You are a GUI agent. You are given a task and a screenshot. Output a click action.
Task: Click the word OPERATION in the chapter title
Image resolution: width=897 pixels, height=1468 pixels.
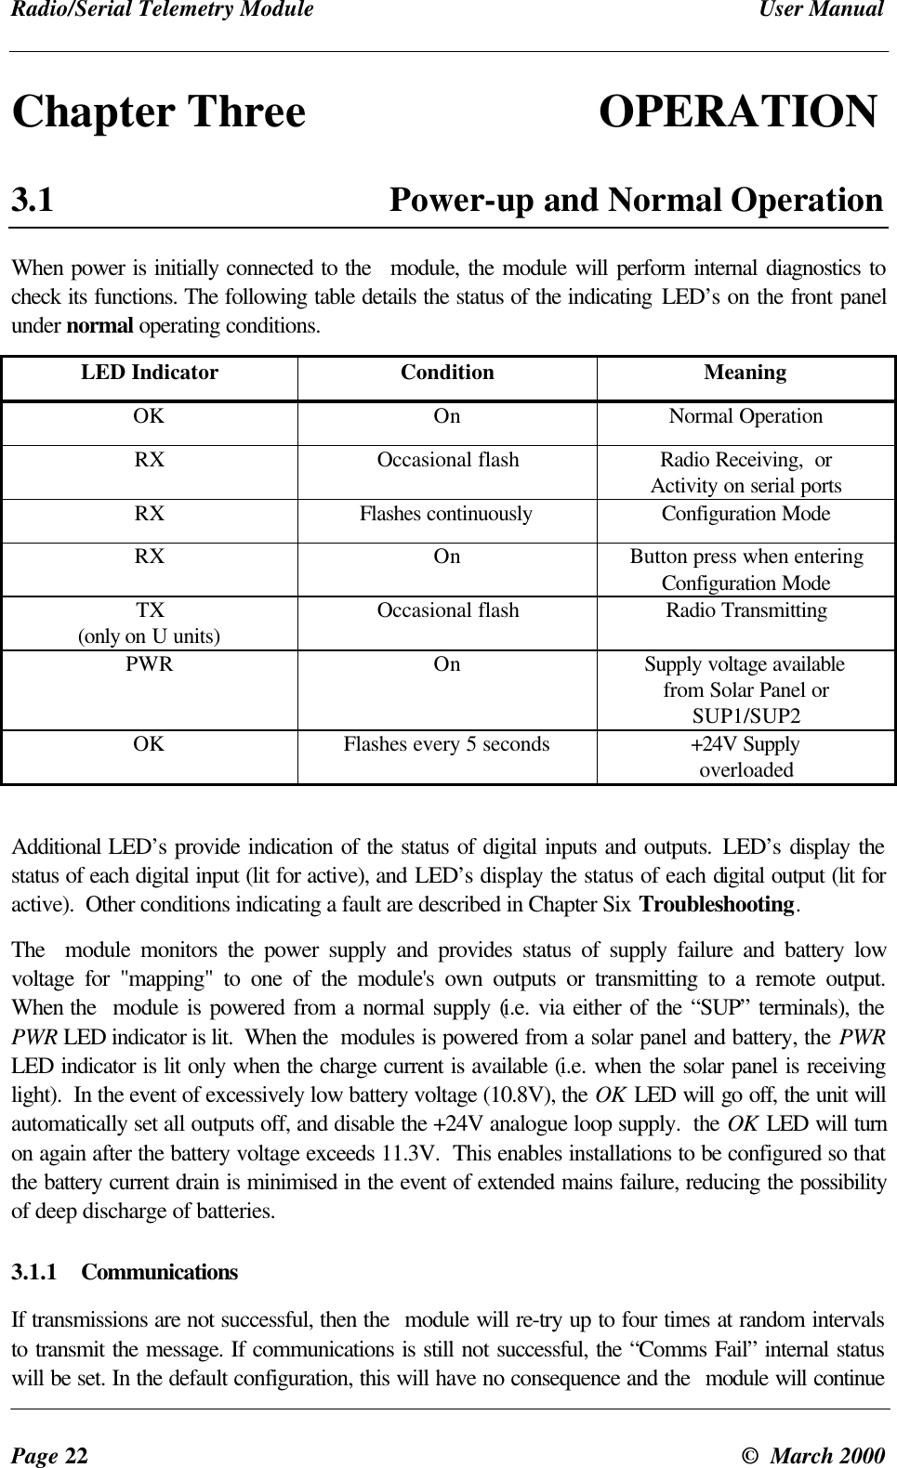pos(737,112)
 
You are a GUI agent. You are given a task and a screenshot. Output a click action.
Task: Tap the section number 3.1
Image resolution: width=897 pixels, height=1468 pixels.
pos(33,200)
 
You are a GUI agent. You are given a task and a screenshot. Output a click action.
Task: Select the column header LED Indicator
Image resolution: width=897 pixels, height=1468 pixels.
pos(150,374)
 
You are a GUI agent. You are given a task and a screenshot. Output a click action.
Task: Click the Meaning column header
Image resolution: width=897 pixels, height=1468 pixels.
pos(745,374)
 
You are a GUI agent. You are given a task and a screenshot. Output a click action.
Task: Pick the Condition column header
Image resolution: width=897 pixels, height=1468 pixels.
pos(447,374)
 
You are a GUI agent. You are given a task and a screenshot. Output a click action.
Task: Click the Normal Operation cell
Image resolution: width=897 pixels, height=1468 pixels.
pos(745,416)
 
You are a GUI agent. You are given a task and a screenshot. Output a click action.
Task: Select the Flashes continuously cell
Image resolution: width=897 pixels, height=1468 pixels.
pos(446,514)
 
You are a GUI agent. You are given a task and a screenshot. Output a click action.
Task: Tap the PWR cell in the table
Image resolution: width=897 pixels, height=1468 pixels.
pos(150,665)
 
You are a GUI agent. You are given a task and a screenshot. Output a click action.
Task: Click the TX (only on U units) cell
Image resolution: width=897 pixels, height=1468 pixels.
pos(150,623)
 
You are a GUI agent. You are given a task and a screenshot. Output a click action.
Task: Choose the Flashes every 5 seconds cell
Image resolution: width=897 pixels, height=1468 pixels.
pos(446,744)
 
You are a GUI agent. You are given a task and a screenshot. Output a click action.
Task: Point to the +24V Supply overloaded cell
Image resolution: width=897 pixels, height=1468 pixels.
pos(745,757)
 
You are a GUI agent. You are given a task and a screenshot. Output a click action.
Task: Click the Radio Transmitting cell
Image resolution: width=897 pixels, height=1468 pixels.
pos(745,610)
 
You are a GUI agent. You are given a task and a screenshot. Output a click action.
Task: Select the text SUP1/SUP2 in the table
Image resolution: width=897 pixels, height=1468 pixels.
pos(745,716)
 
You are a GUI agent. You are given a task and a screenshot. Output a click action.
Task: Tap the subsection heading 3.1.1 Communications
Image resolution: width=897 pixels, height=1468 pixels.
pos(125,1272)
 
